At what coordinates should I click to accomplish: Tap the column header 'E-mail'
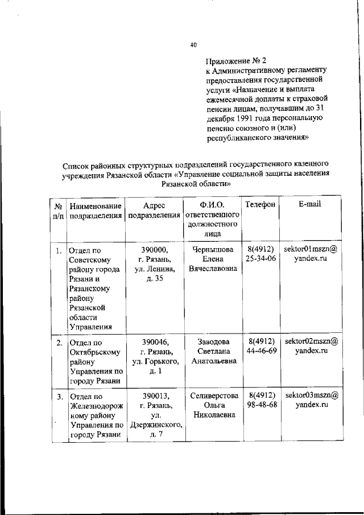(x=311, y=204)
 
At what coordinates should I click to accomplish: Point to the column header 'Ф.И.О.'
(x=210, y=205)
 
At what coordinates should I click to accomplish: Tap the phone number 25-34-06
(x=261, y=259)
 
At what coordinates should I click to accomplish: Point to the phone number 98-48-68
(x=261, y=405)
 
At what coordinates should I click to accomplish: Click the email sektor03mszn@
(x=311, y=395)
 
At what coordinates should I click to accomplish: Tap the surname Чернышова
(x=210, y=249)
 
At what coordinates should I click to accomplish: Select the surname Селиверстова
(x=211, y=395)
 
